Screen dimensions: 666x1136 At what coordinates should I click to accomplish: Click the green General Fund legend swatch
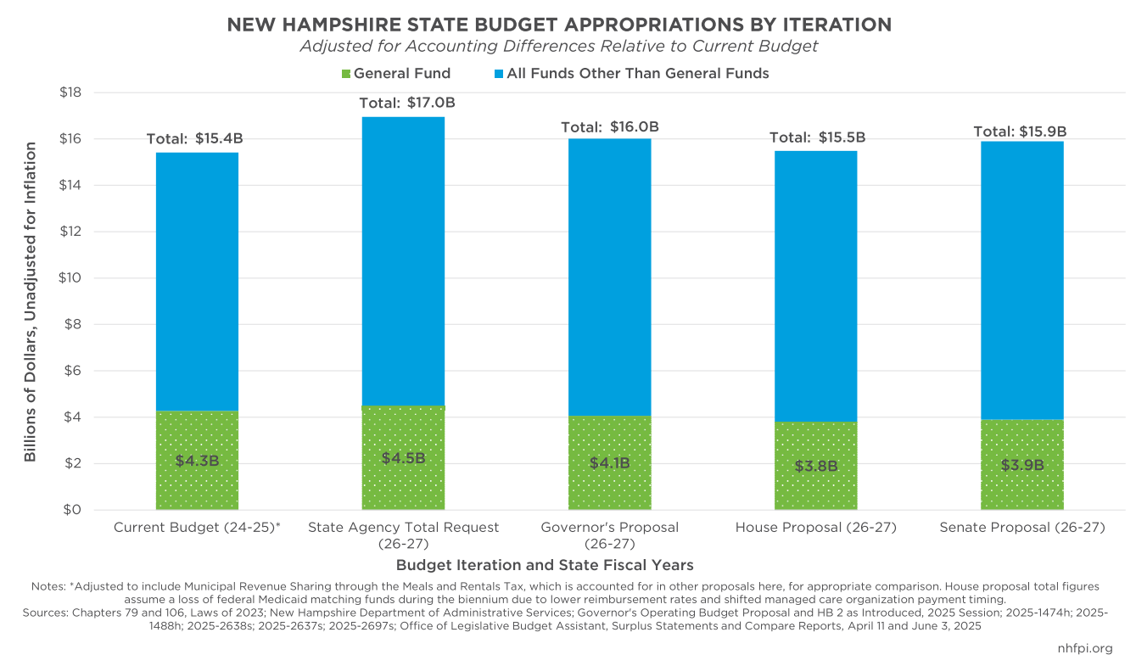coord(345,74)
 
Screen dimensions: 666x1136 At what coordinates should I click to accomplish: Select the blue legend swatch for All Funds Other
coord(498,74)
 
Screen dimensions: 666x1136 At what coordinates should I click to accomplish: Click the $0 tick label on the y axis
coord(74,510)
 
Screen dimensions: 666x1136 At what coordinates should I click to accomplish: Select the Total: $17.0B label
coord(407,103)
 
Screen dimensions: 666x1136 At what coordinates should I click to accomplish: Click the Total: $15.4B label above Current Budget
coord(194,138)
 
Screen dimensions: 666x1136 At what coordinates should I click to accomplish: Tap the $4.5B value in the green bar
coord(404,458)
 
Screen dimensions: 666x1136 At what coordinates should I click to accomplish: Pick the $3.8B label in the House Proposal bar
coord(816,466)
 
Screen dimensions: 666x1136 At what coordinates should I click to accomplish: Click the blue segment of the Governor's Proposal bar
coord(609,276)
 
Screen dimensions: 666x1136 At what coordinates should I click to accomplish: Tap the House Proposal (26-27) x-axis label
coord(815,528)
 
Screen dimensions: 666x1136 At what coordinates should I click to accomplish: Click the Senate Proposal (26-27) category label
coord(1021,528)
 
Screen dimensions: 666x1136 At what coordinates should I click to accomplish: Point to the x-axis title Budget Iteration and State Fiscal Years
coord(545,564)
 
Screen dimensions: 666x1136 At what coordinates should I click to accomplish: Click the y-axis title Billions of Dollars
coord(31,302)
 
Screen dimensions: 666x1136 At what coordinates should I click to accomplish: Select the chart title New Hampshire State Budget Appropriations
coord(559,25)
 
